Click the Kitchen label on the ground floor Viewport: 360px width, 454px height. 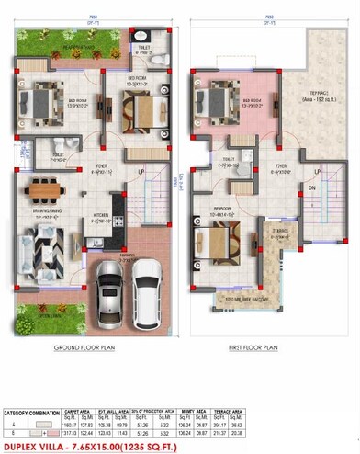tap(101, 219)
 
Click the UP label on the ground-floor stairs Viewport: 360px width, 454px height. tap(141, 171)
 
